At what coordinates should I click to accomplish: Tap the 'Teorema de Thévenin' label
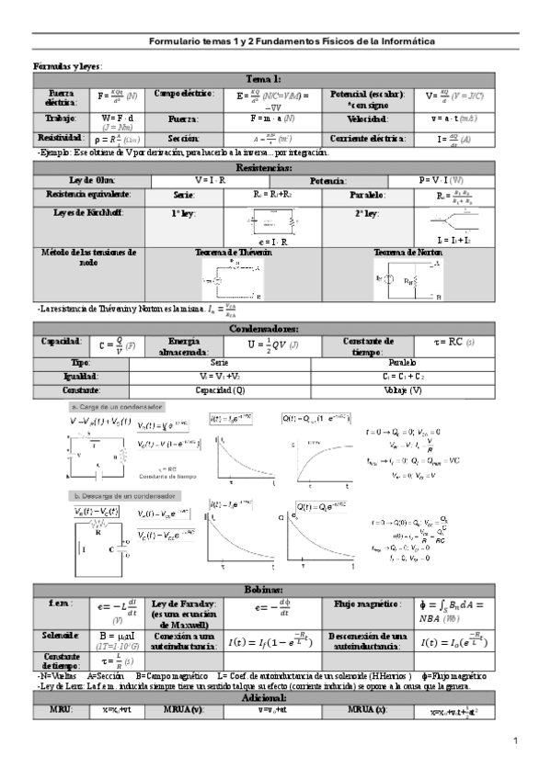tap(233, 251)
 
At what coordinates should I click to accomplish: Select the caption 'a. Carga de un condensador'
tap(118, 406)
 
